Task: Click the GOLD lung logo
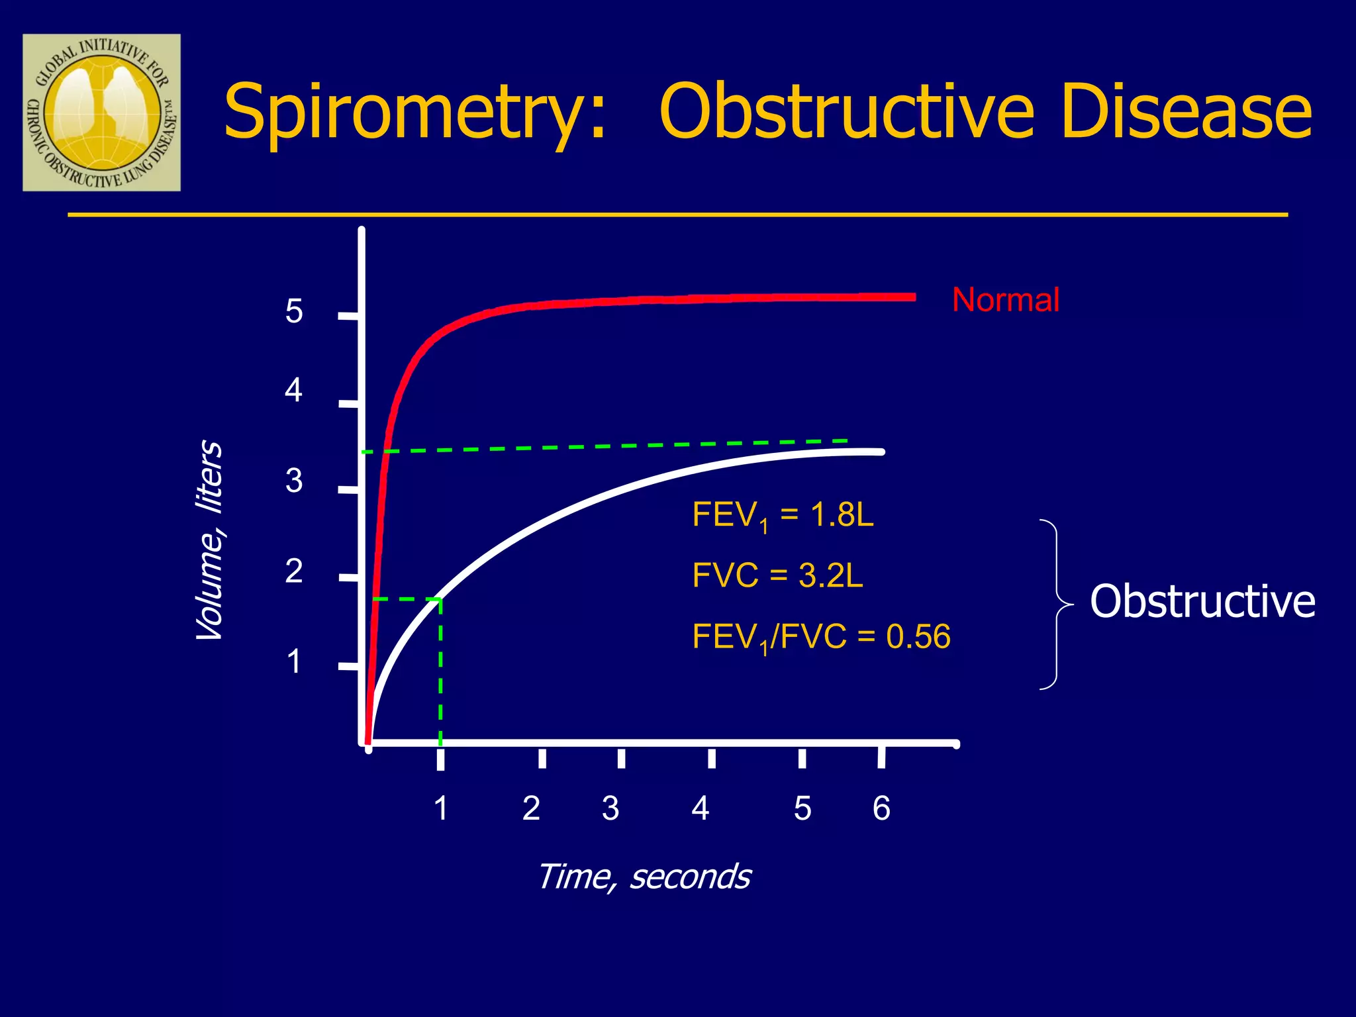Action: pyautogui.click(x=101, y=113)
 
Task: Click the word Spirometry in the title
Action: pyautogui.click(x=414, y=113)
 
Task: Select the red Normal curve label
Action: pyautogui.click(x=1005, y=300)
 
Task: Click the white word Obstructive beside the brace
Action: pyautogui.click(x=1202, y=601)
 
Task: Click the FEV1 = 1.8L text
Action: pyautogui.click(x=783, y=515)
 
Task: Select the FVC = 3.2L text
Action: pyautogui.click(x=777, y=575)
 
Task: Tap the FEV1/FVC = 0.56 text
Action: pyautogui.click(x=821, y=637)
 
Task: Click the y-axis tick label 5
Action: pyautogui.click(x=294, y=311)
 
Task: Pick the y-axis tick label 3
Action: pyautogui.click(x=294, y=481)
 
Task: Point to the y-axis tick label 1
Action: pyautogui.click(x=294, y=661)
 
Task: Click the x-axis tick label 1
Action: pyautogui.click(x=441, y=808)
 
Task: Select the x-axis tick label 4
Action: pyautogui.click(x=701, y=808)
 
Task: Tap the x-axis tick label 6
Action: pyautogui.click(x=881, y=808)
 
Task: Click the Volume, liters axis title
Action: pyautogui.click(x=210, y=540)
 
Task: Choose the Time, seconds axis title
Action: pyautogui.click(x=644, y=877)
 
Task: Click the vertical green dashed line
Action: pyautogui.click(x=440, y=669)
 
